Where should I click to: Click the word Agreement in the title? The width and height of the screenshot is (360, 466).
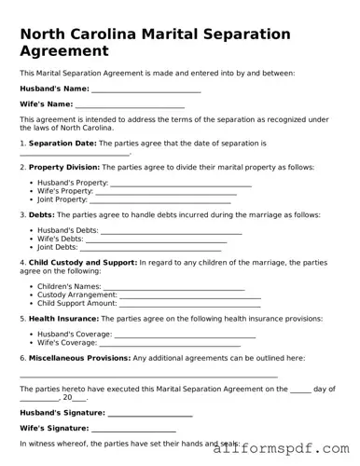tap(63, 50)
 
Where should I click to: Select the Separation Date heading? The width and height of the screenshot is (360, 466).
tap(62, 144)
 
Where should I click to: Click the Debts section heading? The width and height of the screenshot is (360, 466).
tap(42, 214)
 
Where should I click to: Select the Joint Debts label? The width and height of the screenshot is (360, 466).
tap(57, 248)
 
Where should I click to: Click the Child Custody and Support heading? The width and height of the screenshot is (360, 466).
tap(83, 263)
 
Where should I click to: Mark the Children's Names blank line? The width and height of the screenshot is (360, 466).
tap(174, 289)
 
